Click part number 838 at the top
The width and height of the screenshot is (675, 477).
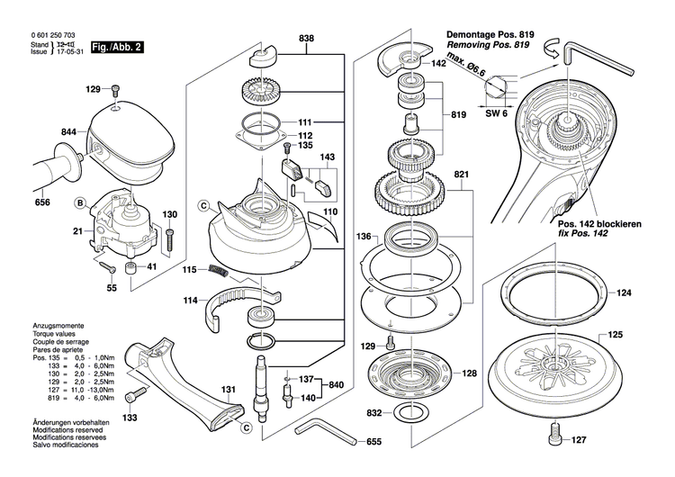point(307,39)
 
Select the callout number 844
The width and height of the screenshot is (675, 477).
point(68,132)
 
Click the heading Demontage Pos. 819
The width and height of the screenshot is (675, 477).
point(490,34)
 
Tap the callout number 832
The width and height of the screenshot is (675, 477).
point(373,412)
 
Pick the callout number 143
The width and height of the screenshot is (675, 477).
point(327,157)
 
